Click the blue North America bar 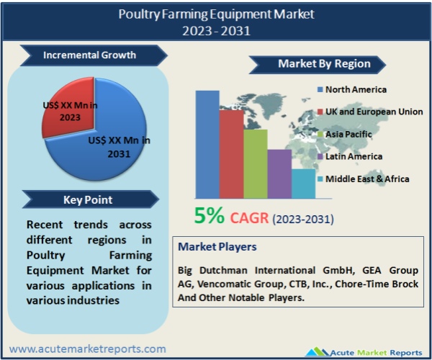pos(207,144)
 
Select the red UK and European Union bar pos(231,154)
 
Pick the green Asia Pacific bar pos(256,164)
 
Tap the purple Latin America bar pos(279,174)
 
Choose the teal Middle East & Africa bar pos(303,184)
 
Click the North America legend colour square pos(320,89)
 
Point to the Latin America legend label pos(354,156)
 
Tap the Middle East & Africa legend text pos(367,179)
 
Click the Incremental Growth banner pos(94,55)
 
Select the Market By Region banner pos(318,65)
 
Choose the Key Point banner pos(91,199)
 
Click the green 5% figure pos(209,215)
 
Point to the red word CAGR pos(249,218)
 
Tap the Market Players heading pos(217,247)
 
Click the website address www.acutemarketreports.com pos(88,349)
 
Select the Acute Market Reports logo pos(364,352)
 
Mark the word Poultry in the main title pos(139,14)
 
